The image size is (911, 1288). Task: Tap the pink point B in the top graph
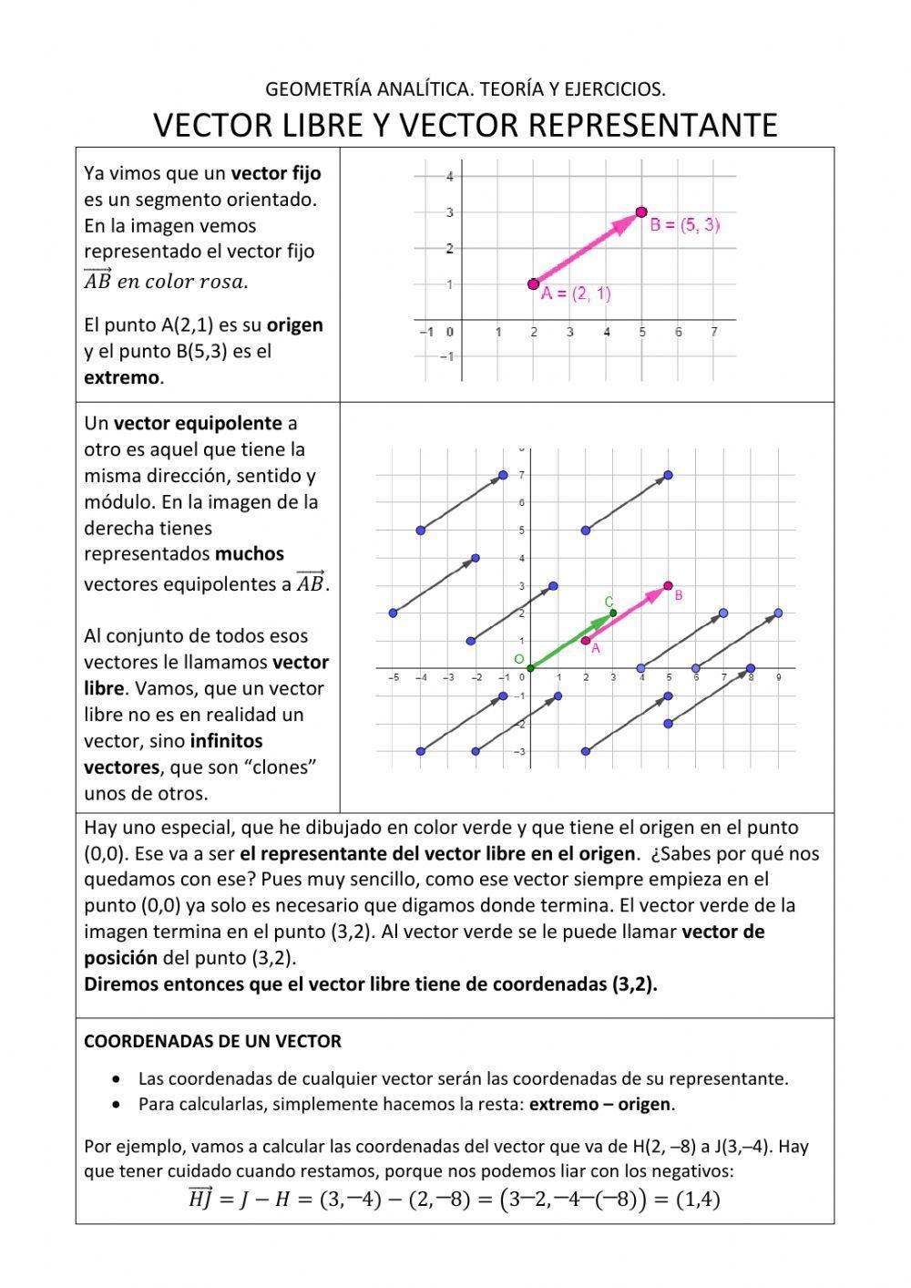click(x=641, y=212)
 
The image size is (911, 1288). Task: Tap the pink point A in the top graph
click(x=533, y=284)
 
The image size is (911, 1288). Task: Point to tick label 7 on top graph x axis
click(x=714, y=333)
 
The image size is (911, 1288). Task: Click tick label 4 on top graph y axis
click(x=450, y=177)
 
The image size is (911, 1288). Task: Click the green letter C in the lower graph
click(x=609, y=602)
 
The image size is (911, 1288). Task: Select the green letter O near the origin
click(x=519, y=659)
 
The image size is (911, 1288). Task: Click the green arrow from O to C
click(x=571, y=641)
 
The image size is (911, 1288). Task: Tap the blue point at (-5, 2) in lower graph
click(x=393, y=613)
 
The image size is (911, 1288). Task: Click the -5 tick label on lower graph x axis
click(x=394, y=678)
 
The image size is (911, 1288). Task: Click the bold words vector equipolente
click(x=198, y=423)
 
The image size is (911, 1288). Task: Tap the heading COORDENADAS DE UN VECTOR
click(x=212, y=1041)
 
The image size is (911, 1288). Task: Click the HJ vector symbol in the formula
click(x=200, y=1198)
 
